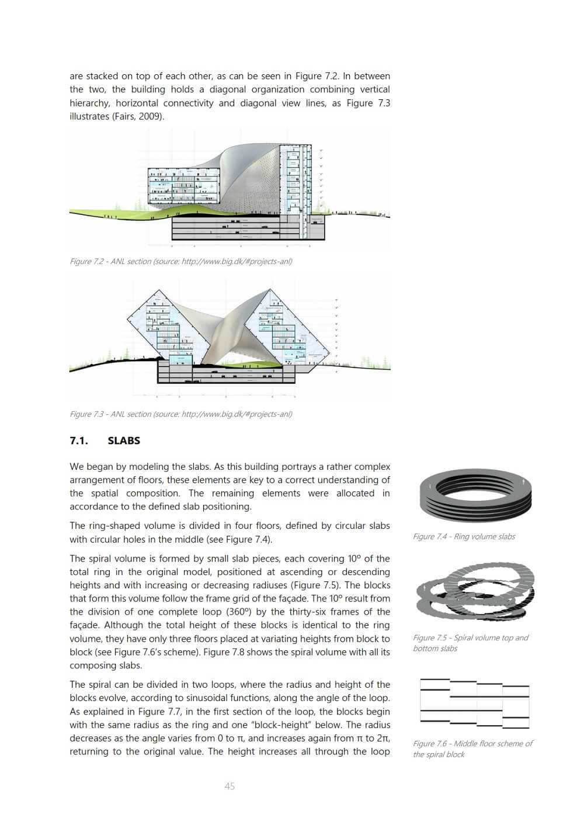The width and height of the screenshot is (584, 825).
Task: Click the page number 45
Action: tap(230, 786)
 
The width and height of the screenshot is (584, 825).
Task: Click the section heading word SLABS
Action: tap(124, 441)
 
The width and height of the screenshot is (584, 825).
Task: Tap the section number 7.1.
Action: tap(79, 441)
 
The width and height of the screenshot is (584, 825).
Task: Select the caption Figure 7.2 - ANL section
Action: tap(180, 261)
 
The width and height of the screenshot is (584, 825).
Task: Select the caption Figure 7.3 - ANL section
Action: tap(180, 414)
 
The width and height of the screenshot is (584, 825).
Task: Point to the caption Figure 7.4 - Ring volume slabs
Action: tap(464, 536)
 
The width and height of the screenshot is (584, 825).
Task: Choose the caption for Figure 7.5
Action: tap(470, 643)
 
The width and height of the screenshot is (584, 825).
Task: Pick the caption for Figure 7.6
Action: tap(472, 748)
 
